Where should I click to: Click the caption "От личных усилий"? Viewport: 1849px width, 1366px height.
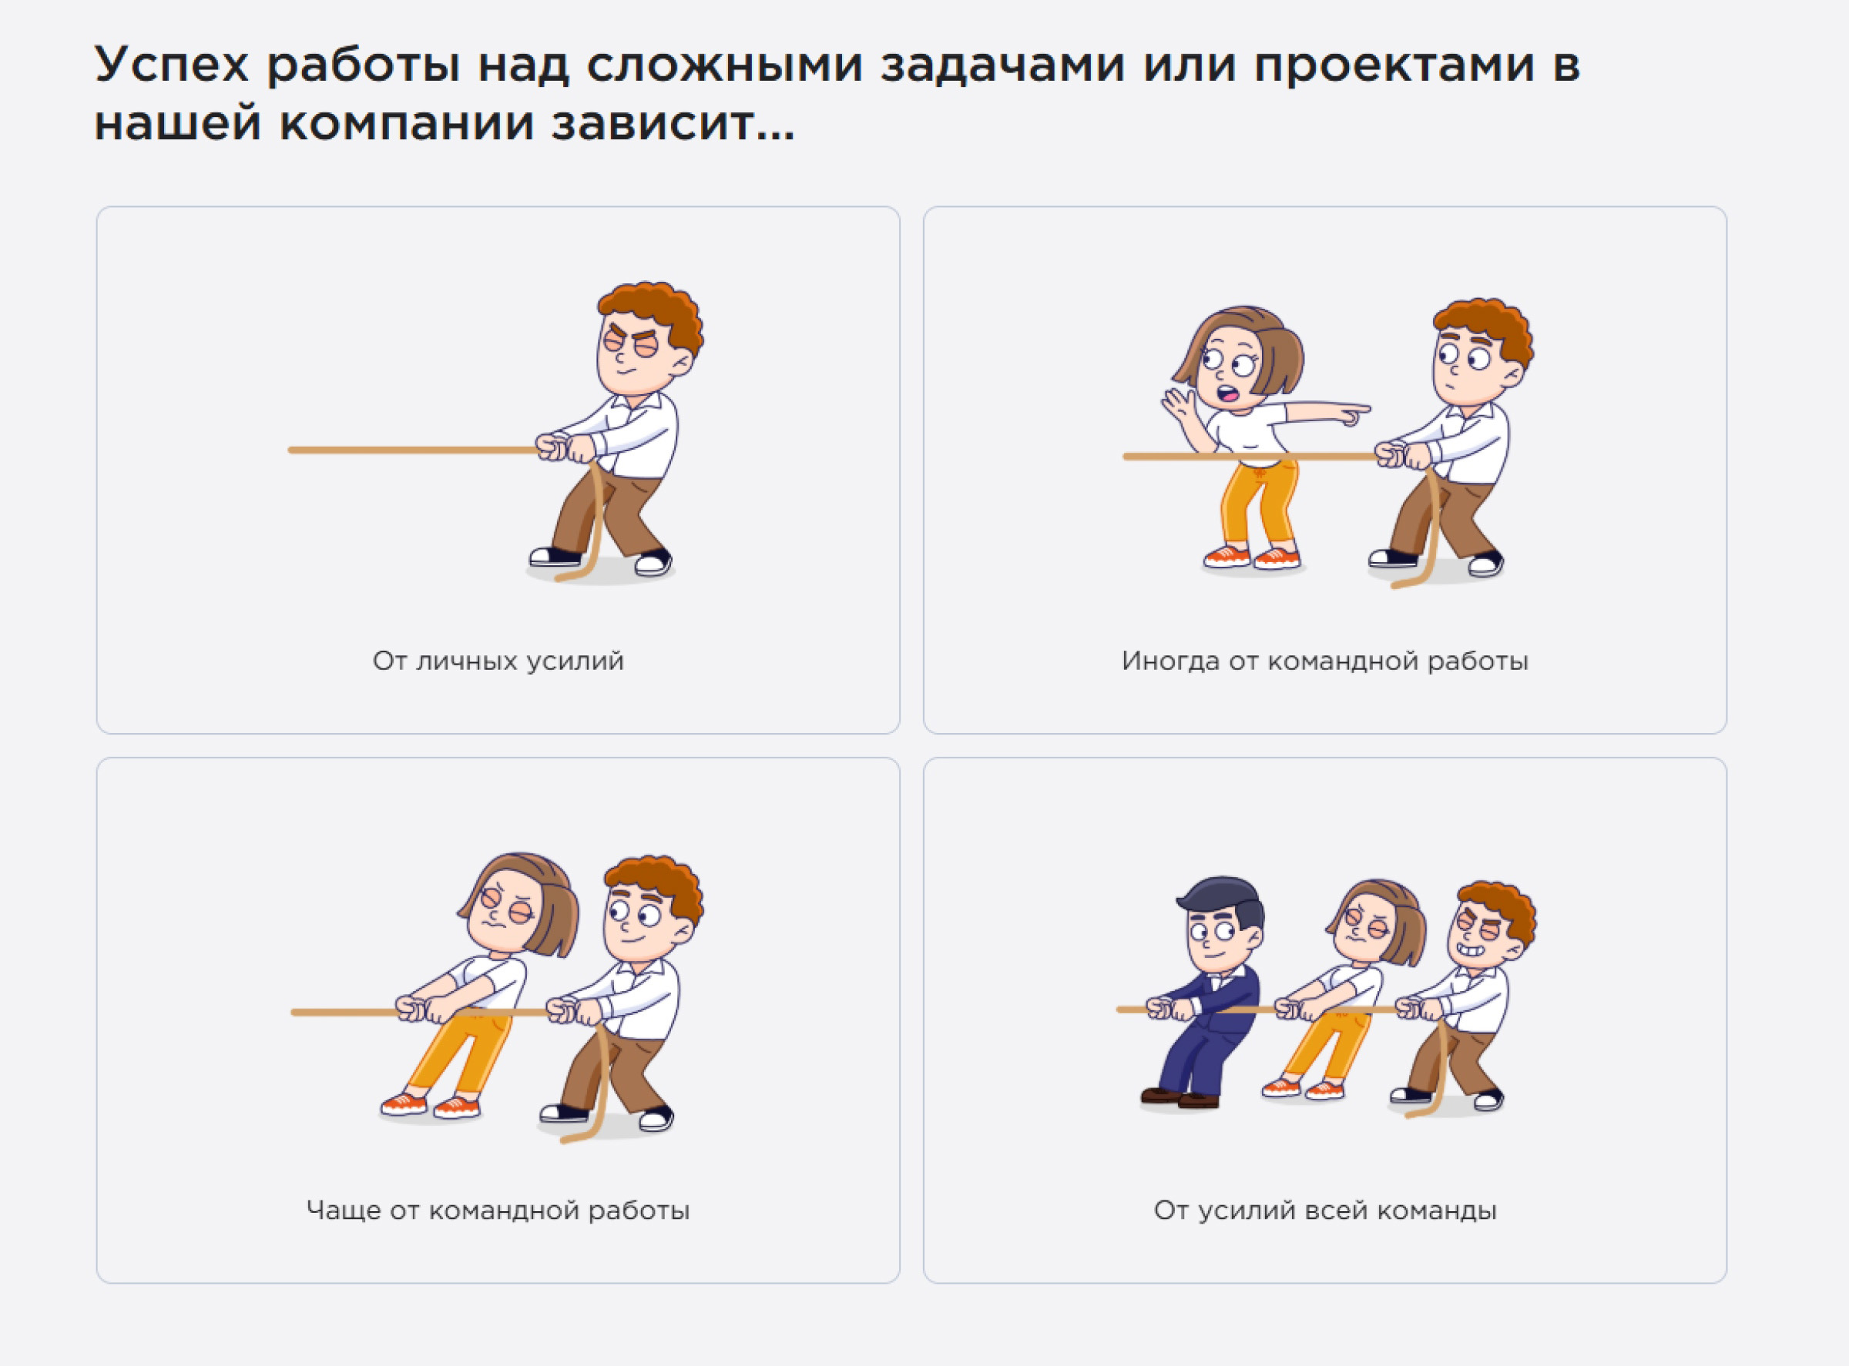pos(498,661)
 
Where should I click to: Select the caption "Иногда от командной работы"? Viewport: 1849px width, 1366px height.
pos(1324,661)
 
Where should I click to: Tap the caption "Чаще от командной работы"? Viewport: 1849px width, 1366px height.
pos(498,1210)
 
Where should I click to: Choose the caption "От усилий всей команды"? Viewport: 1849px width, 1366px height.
pos(1324,1210)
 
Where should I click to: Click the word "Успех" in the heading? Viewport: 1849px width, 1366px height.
pos(171,65)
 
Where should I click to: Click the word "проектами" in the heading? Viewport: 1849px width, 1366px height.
pos(1393,65)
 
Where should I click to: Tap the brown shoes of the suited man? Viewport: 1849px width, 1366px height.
pos(1180,1098)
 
